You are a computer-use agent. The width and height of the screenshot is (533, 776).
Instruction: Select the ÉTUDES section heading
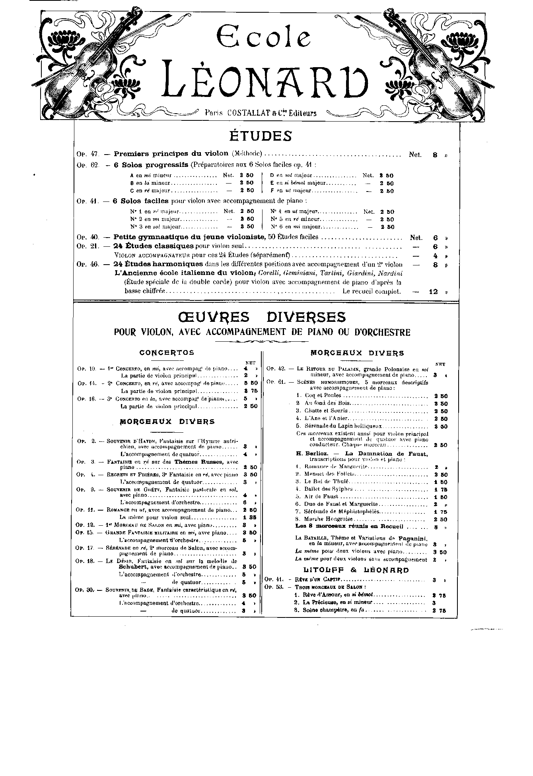[261, 136]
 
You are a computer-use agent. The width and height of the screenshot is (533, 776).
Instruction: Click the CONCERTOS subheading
[167, 352]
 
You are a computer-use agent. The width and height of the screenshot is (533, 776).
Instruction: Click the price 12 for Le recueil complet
[433, 291]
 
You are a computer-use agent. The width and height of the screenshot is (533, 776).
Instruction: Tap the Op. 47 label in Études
[87, 154]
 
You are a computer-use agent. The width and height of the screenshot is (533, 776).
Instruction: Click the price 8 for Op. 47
[435, 155]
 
